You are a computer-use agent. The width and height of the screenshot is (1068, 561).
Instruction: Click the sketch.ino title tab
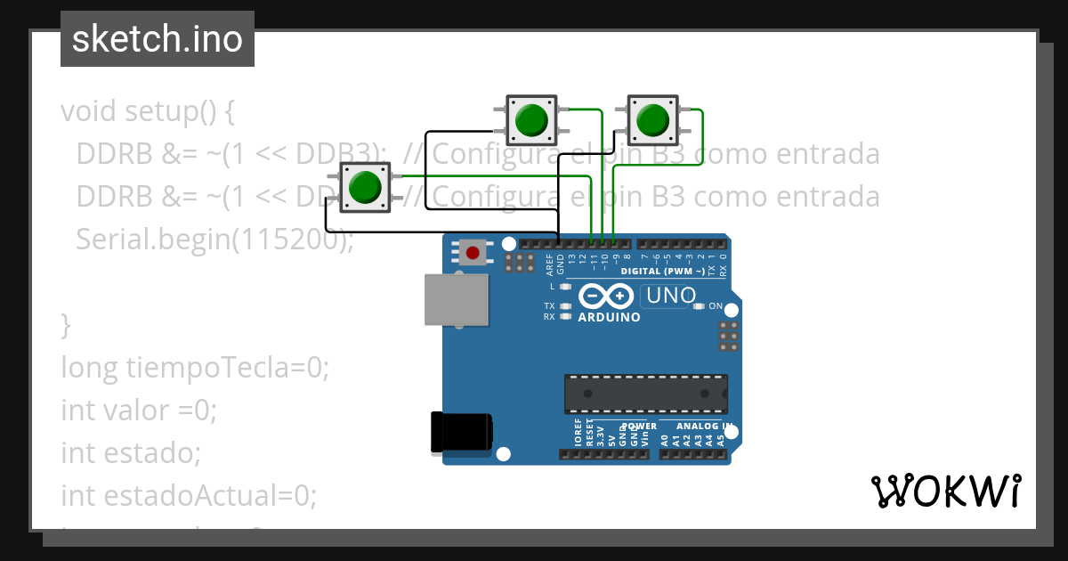click(157, 39)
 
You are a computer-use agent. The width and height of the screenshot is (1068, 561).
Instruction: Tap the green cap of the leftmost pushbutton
click(365, 187)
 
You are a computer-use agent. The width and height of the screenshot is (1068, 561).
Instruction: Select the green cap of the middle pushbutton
click(531, 119)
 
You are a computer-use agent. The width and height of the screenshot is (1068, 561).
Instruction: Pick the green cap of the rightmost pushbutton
click(653, 119)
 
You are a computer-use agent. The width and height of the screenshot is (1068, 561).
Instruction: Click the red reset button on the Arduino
click(473, 253)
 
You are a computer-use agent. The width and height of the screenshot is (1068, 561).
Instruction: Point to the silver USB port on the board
click(457, 298)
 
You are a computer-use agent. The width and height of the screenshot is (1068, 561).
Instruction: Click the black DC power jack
click(460, 432)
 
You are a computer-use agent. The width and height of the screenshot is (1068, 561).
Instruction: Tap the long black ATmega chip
click(645, 394)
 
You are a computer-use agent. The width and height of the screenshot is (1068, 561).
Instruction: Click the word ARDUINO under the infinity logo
click(609, 317)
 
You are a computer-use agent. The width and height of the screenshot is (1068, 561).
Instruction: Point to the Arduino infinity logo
click(606, 296)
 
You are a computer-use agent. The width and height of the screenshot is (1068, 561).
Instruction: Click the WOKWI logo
click(945, 492)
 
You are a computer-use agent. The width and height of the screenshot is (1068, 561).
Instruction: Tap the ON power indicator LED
click(700, 306)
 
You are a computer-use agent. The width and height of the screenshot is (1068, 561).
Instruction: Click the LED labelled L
click(564, 287)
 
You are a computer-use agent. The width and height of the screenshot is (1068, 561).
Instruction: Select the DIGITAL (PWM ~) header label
click(663, 271)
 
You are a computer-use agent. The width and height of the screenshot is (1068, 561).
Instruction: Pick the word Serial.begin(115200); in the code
click(214, 240)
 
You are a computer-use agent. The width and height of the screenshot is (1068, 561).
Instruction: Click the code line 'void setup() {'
click(148, 112)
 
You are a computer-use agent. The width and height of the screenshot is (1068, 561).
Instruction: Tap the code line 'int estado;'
click(131, 452)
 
